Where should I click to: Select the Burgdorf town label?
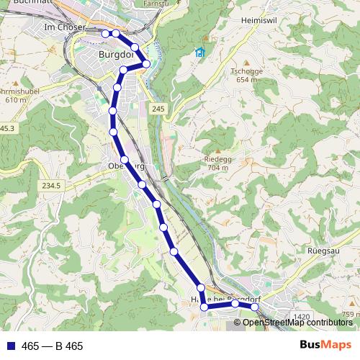[117, 53]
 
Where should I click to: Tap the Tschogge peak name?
[245, 71]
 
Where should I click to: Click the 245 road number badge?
[158, 108]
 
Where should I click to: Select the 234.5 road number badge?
[50, 185]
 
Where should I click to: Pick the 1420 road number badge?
[302, 316]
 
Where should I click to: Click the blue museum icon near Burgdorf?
[199, 53]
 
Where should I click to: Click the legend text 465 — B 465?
[53, 346]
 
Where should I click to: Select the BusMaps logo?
[326, 346]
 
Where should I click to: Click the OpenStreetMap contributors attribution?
[297, 323]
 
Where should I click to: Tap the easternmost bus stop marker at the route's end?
[254, 307]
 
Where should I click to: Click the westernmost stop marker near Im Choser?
[105, 33]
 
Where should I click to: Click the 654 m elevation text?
[246, 80]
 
